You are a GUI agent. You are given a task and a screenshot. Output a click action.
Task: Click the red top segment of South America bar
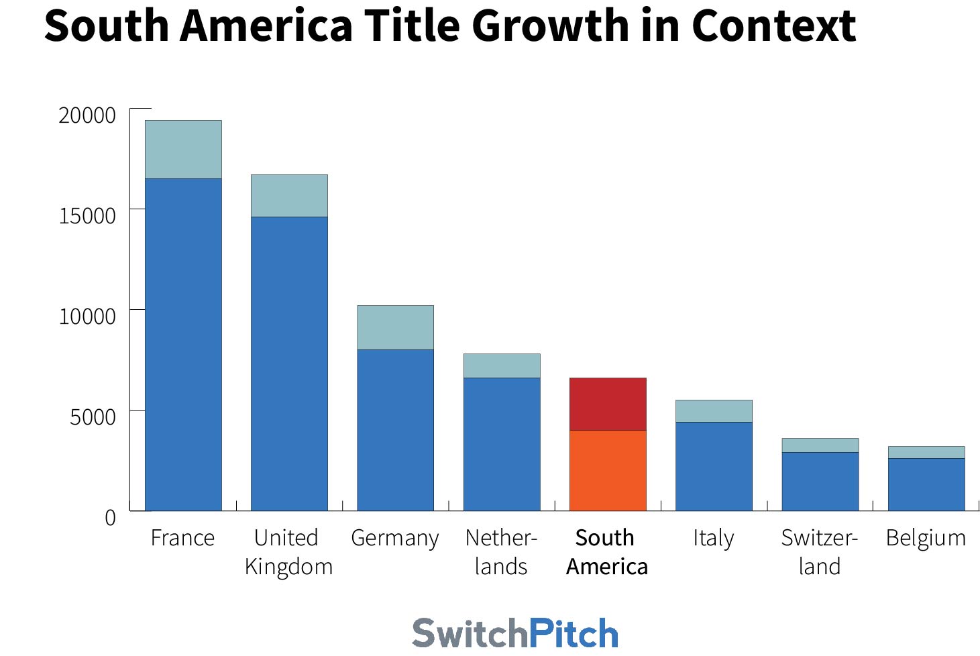[x=608, y=404]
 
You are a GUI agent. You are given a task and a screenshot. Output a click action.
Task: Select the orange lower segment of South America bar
[x=608, y=470]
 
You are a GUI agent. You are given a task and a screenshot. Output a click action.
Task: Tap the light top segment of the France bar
[x=183, y=150]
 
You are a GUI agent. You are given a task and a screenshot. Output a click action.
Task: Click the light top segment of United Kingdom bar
[x=289, y=196]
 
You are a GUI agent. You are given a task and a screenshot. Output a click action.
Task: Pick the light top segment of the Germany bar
[x=395, y=327]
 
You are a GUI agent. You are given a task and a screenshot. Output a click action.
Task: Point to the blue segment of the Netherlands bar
[x=502, y=444]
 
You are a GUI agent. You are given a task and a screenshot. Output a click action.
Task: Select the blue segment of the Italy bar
[x=714, y=466]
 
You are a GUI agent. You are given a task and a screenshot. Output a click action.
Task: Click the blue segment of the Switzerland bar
[x=820, y=481]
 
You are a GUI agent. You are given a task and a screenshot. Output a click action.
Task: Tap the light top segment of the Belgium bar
[x=926, y=452]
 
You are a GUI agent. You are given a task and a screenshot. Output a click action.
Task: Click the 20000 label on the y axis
[x=87, y=115]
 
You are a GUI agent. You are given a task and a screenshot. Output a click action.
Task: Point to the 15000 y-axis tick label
[x=87, y=216]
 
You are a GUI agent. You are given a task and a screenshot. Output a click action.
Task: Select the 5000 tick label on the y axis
[x=93, y=417]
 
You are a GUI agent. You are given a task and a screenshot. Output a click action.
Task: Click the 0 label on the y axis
[x=110, y=518]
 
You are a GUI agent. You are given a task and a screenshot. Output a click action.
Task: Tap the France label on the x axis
[x=182, y=538]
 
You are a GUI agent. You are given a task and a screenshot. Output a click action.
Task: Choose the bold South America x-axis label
[x=606, y=552]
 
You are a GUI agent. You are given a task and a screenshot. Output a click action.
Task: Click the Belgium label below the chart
[x=926, y=538]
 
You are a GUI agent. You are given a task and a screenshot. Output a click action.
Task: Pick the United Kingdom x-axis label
[x=288, y=552]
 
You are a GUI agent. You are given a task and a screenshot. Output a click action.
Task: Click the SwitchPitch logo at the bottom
[x=514, y=633]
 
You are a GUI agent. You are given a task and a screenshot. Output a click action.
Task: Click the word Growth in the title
[x=551, y=25]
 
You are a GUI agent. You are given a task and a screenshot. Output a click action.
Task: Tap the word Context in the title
[x=773, y=25]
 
